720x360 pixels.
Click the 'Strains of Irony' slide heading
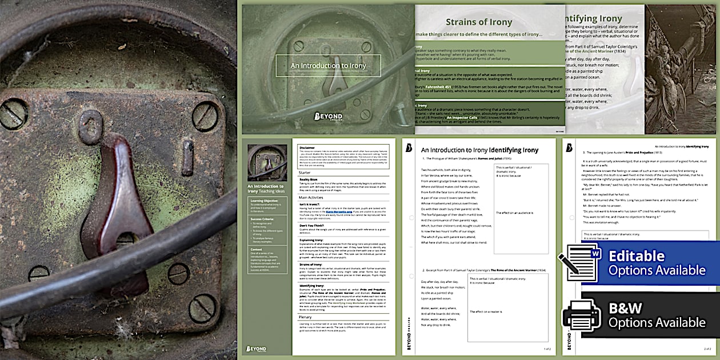point(479,22)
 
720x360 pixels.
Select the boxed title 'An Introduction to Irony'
point(328,66)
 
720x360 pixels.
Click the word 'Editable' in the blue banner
point(636,256)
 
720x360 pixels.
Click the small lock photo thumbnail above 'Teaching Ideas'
point(267,163)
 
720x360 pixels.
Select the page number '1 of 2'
point(546,348)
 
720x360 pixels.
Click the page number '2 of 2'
point(707,348)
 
